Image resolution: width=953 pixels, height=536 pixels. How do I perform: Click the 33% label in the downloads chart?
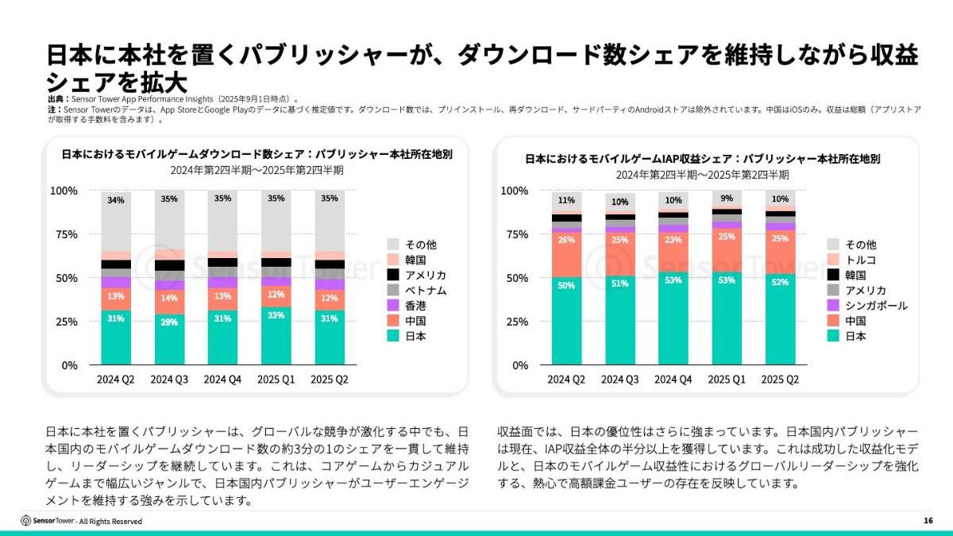(x=276, y=314)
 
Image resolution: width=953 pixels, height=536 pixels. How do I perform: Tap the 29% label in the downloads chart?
(x=170, y=322)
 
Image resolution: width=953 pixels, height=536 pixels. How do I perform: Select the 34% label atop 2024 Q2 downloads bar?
(x=116, y=200)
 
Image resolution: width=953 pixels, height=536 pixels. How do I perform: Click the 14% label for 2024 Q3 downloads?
(x=170, y=299)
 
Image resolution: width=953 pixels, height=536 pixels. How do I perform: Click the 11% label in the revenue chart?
(x=567, y=200)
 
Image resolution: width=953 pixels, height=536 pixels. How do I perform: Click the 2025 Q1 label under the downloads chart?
(x=276, y=380)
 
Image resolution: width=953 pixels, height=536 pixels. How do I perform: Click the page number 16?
(x=928, y=521)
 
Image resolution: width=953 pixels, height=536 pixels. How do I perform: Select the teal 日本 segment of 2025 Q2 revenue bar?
(x=781, y=326)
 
